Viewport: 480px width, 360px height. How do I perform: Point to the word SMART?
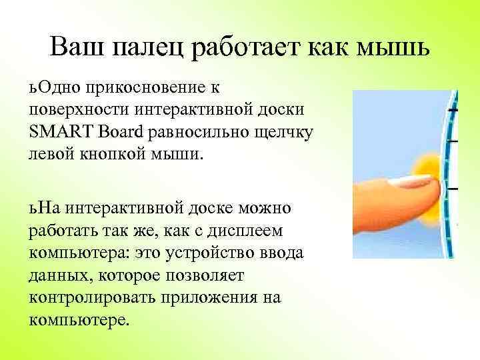point(57,131)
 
